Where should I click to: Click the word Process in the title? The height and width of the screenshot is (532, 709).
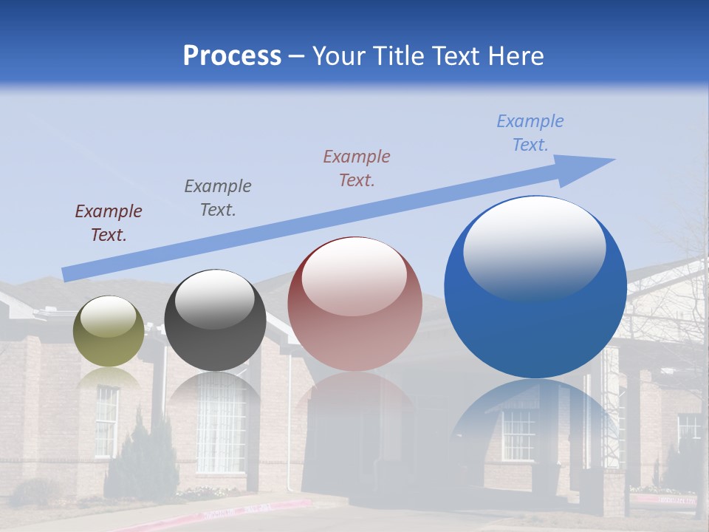[232, 56]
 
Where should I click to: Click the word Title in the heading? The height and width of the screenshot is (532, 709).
[393, 56]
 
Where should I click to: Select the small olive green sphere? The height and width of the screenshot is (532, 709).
[109, 331]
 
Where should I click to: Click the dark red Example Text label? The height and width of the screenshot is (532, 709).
[109, 223]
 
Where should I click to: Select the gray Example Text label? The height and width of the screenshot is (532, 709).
[218, 198]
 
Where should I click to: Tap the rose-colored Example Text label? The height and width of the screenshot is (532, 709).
[357, 168]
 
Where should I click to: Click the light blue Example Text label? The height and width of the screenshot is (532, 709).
[530, 133]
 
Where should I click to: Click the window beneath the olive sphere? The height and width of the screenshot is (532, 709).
[106, 421]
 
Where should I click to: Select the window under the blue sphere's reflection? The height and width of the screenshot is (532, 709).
[518, 434]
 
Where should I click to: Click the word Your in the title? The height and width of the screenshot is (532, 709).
[340, 56]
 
